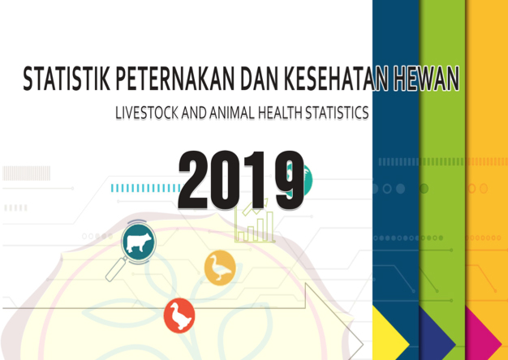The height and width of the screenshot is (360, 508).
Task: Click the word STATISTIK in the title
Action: click(x=67, y=79)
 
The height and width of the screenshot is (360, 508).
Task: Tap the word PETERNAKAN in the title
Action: click(x=174, y=79)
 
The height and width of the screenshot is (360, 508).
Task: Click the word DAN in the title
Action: click(x=259, y=79)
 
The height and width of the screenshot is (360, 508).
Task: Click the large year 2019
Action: click(x=241, y=180)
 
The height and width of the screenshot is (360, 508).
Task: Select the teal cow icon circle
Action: click(x=139, y=242)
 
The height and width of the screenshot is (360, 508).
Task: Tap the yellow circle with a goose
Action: click(x=220, y=268)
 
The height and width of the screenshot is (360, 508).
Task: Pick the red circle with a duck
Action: click(x=179, y=315)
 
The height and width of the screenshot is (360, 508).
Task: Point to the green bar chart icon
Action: click(x=255, y=221)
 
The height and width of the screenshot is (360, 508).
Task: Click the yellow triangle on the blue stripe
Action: click(x=390, y=332)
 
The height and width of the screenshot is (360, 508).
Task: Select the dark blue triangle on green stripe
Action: click(x=437, y=332)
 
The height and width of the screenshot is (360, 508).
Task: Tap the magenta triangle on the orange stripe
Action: click(x=483, y=332)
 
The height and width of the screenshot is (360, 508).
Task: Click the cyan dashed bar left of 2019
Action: click(x=146, y=188)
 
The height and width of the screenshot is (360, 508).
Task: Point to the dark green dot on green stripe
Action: click(x=424, y=188)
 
